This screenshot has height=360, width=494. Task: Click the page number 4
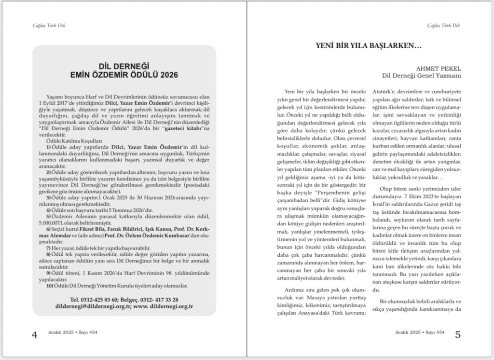point(34,335)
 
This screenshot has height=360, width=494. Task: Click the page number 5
point(458,334)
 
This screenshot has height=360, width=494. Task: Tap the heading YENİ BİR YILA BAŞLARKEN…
point(369,46)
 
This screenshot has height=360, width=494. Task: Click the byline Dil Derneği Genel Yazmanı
point(422,75)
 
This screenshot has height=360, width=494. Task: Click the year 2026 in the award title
point(168,75)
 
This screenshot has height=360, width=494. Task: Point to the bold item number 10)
point(50,286)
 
